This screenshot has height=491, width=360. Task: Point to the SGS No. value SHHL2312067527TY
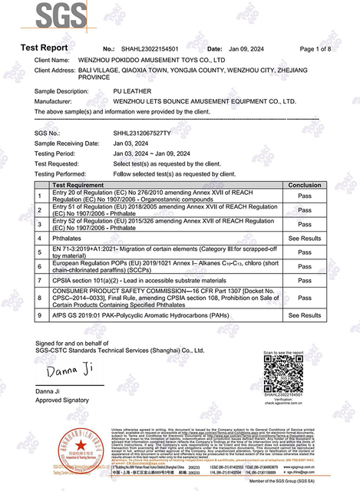pos(143,133)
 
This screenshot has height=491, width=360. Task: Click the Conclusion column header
pos(304,186)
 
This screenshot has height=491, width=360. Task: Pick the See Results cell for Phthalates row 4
pos(304,239)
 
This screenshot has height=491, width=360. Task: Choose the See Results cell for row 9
pos(304,315)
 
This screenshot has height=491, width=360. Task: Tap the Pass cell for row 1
pos(304,195)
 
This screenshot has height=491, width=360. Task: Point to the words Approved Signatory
pos(61,400)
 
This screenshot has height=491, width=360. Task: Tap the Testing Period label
pos(56,153)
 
